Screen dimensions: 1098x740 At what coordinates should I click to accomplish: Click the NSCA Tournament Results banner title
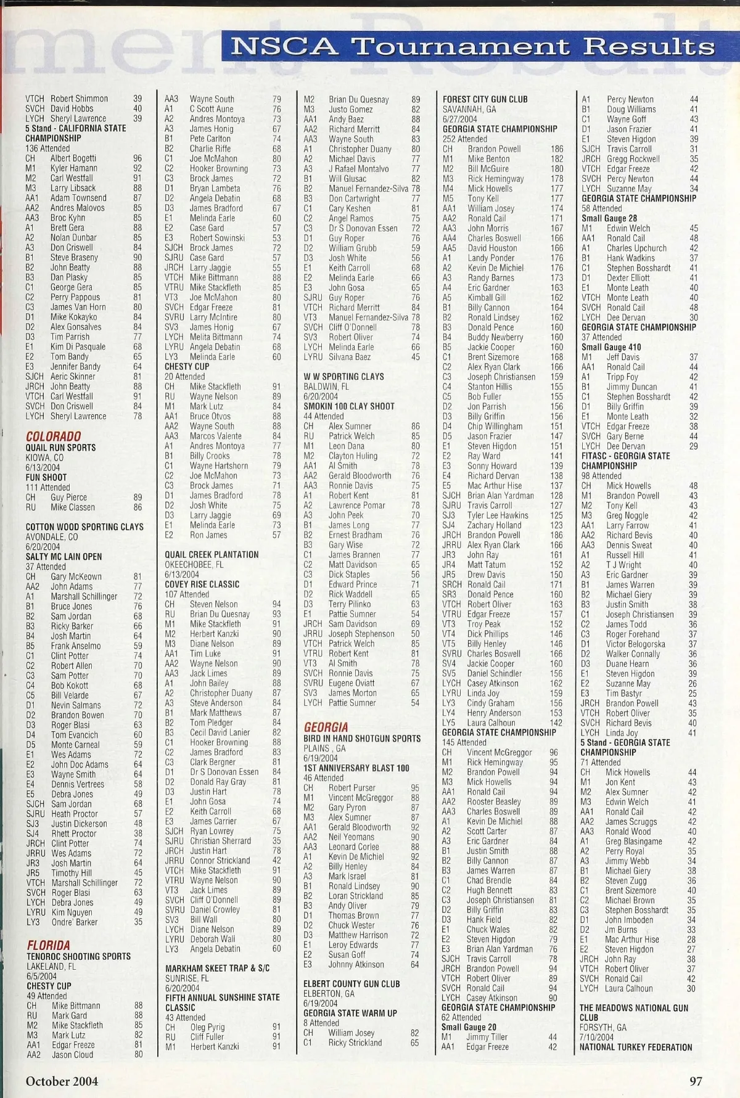click(473, 46)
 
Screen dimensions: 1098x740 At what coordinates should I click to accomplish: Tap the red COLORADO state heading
click(53, 436)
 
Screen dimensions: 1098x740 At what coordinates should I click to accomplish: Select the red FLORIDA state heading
click(48, 944)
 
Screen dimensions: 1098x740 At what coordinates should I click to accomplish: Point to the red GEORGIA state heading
click(326, 727)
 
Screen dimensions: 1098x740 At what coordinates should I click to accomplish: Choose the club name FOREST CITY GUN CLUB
click(485, 99)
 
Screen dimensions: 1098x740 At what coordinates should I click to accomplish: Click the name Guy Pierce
click(69, 497)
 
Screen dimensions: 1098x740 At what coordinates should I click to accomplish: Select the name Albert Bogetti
click(73, 158)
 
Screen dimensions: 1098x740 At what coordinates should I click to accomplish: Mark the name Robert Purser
click(351, 787)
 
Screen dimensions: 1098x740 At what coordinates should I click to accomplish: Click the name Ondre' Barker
click(74, 922)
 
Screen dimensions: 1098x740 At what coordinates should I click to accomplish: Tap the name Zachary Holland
click(494, 525)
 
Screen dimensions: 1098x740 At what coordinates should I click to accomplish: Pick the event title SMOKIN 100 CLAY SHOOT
click(349, 406)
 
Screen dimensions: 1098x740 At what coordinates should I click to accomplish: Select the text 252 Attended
click(464, 139)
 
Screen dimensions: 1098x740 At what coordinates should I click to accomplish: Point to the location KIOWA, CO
click(44, 457)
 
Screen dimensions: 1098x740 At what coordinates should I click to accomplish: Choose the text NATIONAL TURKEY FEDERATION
click(636, 1047)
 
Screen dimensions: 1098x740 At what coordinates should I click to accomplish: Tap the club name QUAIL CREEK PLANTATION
click(212, 554)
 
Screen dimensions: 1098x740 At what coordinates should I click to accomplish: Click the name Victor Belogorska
click(635, 644)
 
